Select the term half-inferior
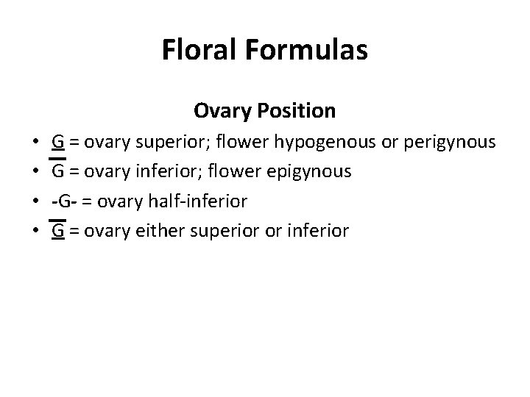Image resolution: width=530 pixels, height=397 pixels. click(x=204, y=201)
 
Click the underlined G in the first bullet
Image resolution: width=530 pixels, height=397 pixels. click(x=57, y=141)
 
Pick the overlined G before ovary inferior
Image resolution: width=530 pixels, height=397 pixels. click(x=57, y=171)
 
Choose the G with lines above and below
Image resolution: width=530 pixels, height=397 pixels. click(x=57, y=231)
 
